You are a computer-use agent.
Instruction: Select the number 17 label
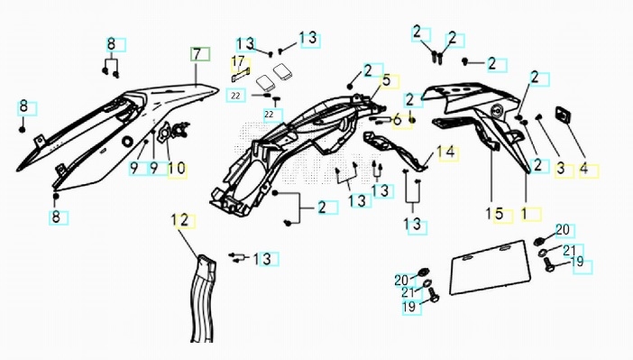click(x=240, y=62)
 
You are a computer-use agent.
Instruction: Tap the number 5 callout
click(x=387, y=81)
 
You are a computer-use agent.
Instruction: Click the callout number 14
click(x=446, y=153)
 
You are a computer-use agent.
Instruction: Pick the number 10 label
click(x=177, y=169)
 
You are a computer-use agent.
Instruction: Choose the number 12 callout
click(x=181, y=221)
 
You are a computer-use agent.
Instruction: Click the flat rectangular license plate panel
click(x=490, y=267)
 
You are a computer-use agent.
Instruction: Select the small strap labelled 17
click(x=240, y=74)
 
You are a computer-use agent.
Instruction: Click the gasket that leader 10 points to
click(x=164, y=132)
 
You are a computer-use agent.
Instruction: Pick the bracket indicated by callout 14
click(x=395, y=151)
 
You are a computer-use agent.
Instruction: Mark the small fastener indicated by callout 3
click(x=538, y=116)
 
